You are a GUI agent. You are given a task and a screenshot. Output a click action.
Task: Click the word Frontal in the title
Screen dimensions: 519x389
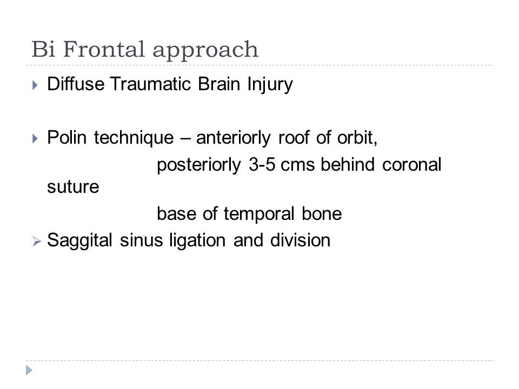coord(104,49)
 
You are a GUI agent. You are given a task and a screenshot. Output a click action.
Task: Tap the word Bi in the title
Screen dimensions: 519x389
coord(43,49)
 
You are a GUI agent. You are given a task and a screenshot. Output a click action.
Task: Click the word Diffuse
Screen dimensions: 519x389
coord(76,83)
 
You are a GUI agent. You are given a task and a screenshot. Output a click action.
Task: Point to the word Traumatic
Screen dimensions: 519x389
coord(150,83)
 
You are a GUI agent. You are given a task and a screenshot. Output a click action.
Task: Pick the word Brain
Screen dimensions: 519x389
coord(219,83)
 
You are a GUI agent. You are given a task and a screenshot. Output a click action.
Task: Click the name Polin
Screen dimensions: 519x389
coord(67,137)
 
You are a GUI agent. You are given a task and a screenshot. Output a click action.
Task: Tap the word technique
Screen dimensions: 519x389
coord(134,138)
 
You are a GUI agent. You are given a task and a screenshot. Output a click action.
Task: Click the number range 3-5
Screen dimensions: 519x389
coord(262,164)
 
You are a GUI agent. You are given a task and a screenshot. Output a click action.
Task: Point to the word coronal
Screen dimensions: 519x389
coord(412,164)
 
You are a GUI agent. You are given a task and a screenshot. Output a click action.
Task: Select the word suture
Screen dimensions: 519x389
coord(73,187)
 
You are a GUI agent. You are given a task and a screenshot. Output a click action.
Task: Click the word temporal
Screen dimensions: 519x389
coord(259,214)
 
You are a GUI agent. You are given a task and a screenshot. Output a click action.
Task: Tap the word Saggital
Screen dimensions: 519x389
coord(80,241)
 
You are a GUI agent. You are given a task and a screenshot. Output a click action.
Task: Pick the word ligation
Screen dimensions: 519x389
coord(197,241)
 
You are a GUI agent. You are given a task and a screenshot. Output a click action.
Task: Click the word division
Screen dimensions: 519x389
coord(300,240)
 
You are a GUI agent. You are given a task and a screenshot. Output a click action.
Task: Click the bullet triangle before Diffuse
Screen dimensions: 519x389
coord(35,85)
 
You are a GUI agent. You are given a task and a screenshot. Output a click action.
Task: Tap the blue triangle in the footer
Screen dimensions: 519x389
coord(29,370)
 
